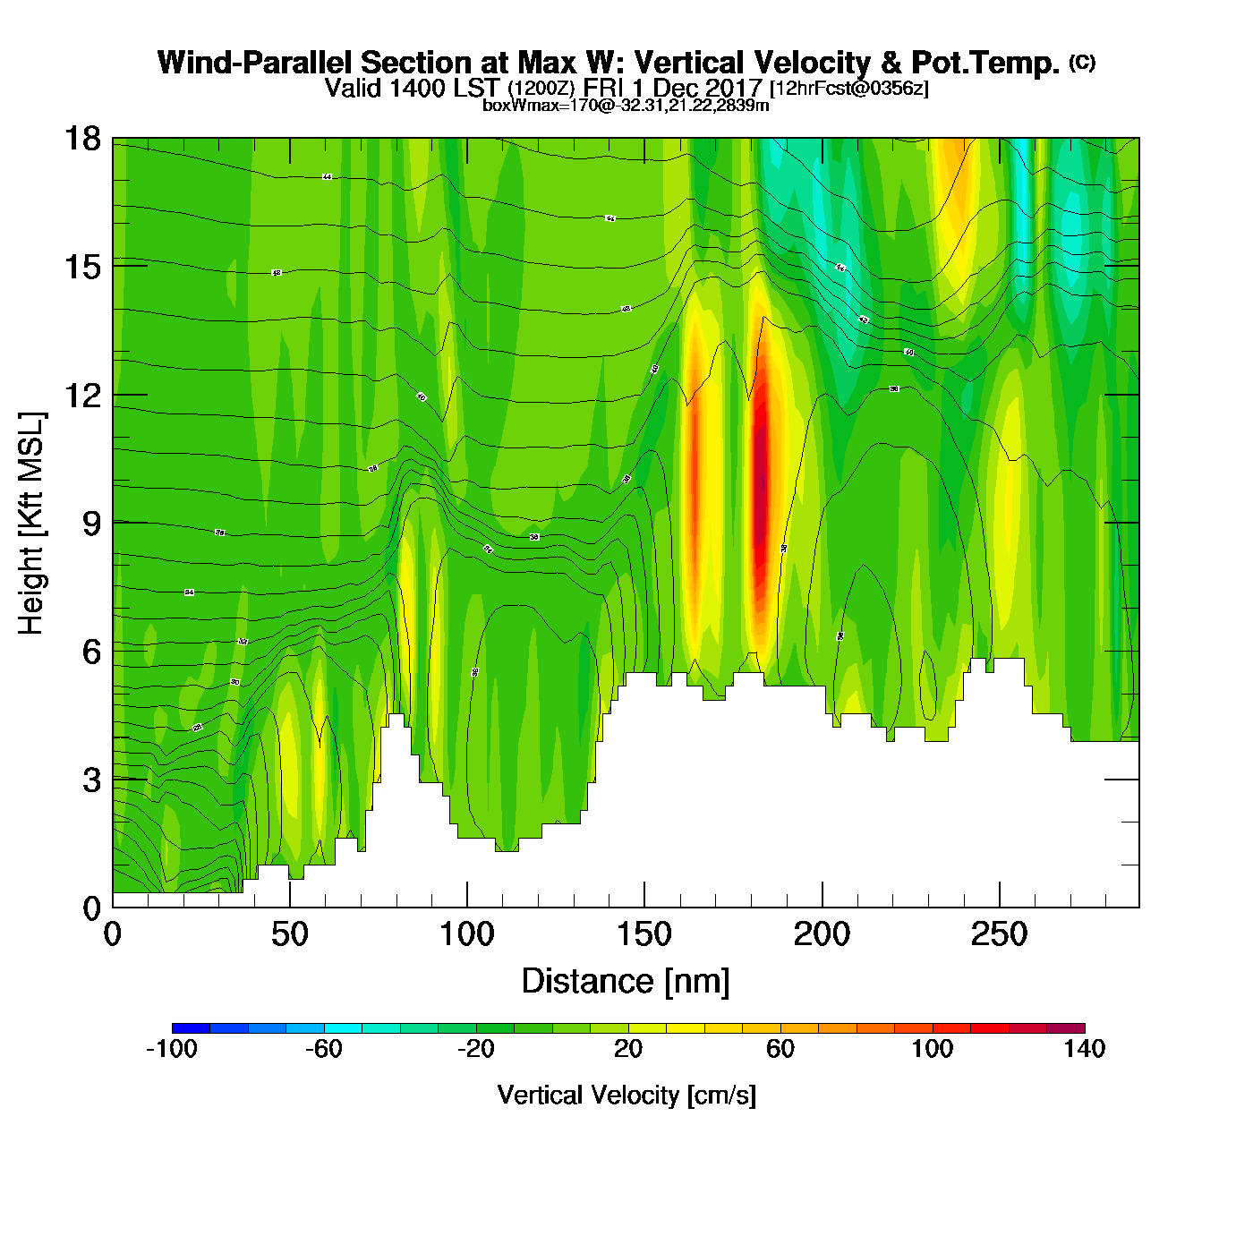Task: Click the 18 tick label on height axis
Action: (x=81, y=139)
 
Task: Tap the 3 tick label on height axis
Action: (x=92, y=780)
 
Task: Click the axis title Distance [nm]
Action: (x=626, y=982)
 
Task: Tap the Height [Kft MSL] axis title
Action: (x=32, y=524)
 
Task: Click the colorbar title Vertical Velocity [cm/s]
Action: (x=626, y=1095)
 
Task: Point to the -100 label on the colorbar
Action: (x=171, y=1049)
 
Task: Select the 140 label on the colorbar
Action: (x=1084, y=1049)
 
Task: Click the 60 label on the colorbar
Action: (x=780, y=1049)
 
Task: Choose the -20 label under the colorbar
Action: (x=475, y=1049)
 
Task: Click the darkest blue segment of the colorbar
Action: (x=191, y=1028)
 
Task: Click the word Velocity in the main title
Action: (x=811, y=63)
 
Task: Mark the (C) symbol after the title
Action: (x=1082, y=62)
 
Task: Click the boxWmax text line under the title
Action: (x=626, y=105)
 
